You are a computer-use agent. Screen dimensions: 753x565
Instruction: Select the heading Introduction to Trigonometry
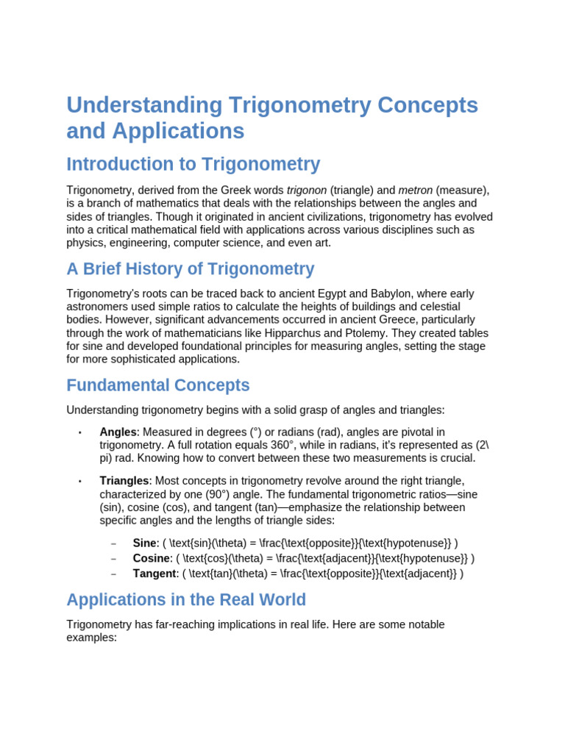193,164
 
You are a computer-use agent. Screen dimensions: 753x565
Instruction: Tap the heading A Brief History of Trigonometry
190,269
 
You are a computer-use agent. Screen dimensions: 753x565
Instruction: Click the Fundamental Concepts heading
157,385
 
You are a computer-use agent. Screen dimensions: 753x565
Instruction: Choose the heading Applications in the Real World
186,600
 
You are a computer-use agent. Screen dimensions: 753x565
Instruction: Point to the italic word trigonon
306,190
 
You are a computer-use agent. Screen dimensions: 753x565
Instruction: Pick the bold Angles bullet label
118,432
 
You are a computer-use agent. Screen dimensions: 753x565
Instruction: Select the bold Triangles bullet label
124,481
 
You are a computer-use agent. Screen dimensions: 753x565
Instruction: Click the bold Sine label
144,543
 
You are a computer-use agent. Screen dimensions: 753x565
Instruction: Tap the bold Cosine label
152,558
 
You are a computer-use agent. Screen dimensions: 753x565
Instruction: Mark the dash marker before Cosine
113,559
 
